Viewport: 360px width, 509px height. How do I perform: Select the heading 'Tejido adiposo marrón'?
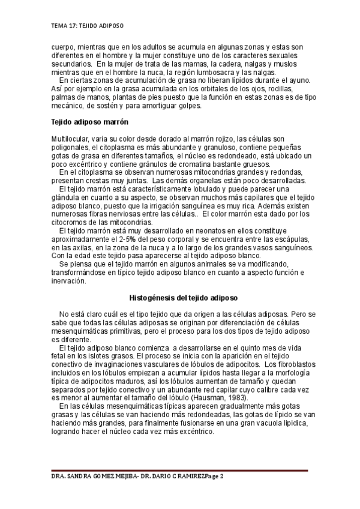click(x=91, y=122)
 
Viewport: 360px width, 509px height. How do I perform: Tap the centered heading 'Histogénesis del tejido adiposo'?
click(x=184, y=298)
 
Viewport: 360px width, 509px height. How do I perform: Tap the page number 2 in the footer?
click(x=221, y=476)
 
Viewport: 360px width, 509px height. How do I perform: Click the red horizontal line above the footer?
click(x=180, y=471)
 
